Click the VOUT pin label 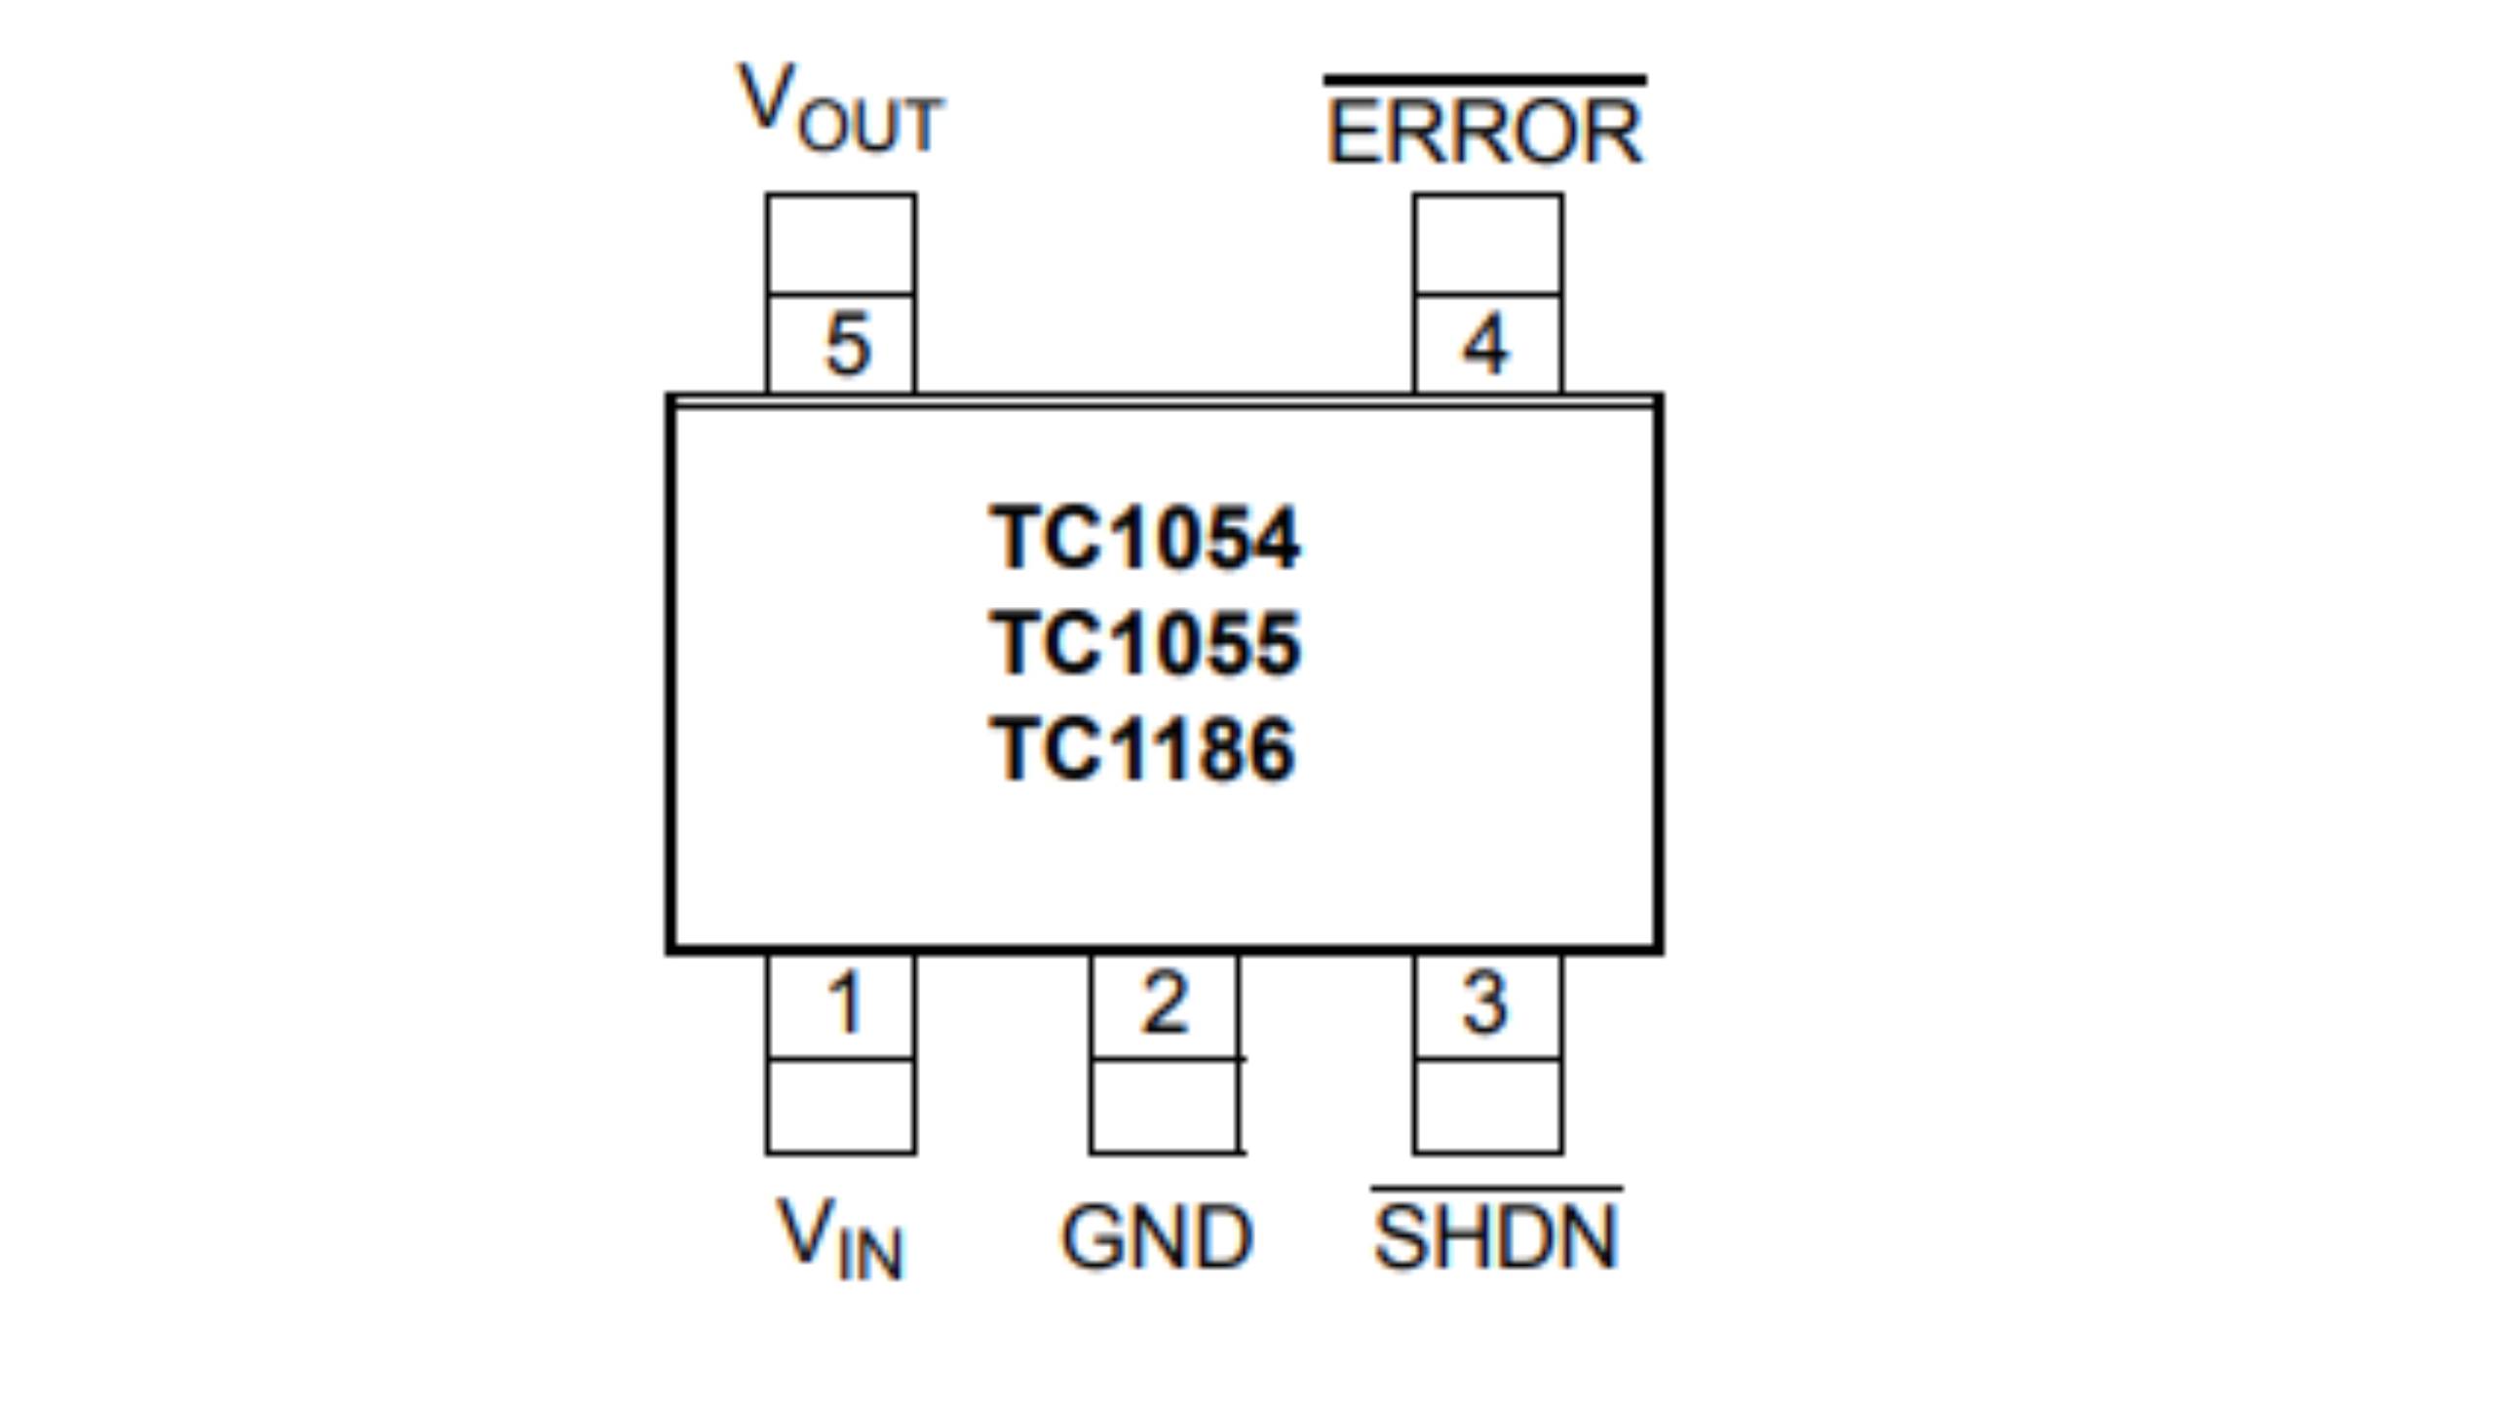840,109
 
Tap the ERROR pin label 1484,133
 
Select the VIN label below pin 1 840,1237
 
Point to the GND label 1157,1237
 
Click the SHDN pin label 1495,1237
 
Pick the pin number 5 846,344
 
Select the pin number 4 1486,344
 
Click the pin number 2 1165,1004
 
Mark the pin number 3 1486,1004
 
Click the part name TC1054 1145,538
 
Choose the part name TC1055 1145,643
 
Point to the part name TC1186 1143,749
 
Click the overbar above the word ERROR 1484,80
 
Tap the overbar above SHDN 1496,1189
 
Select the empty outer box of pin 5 840,244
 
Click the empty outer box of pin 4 1488,244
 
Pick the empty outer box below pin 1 840,1107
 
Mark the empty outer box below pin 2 1165,1107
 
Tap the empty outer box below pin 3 1488,1107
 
